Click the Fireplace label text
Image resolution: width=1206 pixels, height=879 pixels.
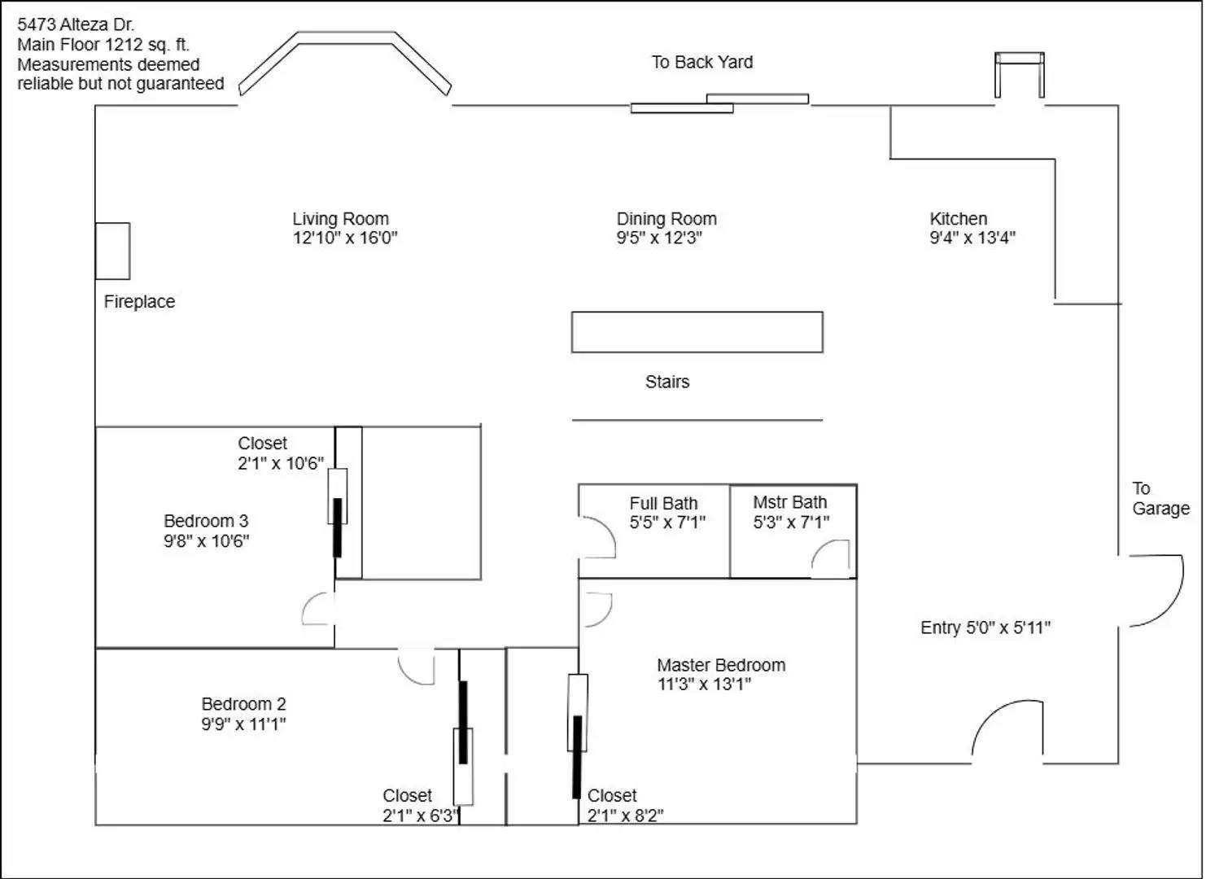click(139, 302)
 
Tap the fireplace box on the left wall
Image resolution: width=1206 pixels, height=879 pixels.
click(112, 251)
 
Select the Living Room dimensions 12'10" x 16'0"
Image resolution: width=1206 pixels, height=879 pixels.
click(345, 238)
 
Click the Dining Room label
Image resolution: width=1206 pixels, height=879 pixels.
click(666, 219)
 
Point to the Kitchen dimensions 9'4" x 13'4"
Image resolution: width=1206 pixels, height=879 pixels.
click(972, 238)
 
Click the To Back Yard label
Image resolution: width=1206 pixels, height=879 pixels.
click(701, 63)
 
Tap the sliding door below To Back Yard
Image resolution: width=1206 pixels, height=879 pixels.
click(719, 103)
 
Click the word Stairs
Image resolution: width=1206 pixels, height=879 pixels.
click(667, 383)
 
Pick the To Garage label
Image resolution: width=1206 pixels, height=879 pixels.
click(1160, 499)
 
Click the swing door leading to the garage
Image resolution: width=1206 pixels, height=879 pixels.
click(1156, 591)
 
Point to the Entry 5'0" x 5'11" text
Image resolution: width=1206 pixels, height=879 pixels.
click(985, 628)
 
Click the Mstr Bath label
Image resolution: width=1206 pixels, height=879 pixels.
click(789, 503)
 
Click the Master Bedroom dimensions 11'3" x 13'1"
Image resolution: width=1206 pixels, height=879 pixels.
click(704, 684)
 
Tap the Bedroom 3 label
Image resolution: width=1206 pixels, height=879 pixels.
click(206, 522)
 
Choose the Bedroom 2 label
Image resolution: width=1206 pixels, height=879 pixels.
click(243, 705)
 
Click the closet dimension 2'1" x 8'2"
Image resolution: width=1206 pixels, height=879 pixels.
click(625, 816)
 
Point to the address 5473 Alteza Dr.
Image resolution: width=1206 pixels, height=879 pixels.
click(76, 25)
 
